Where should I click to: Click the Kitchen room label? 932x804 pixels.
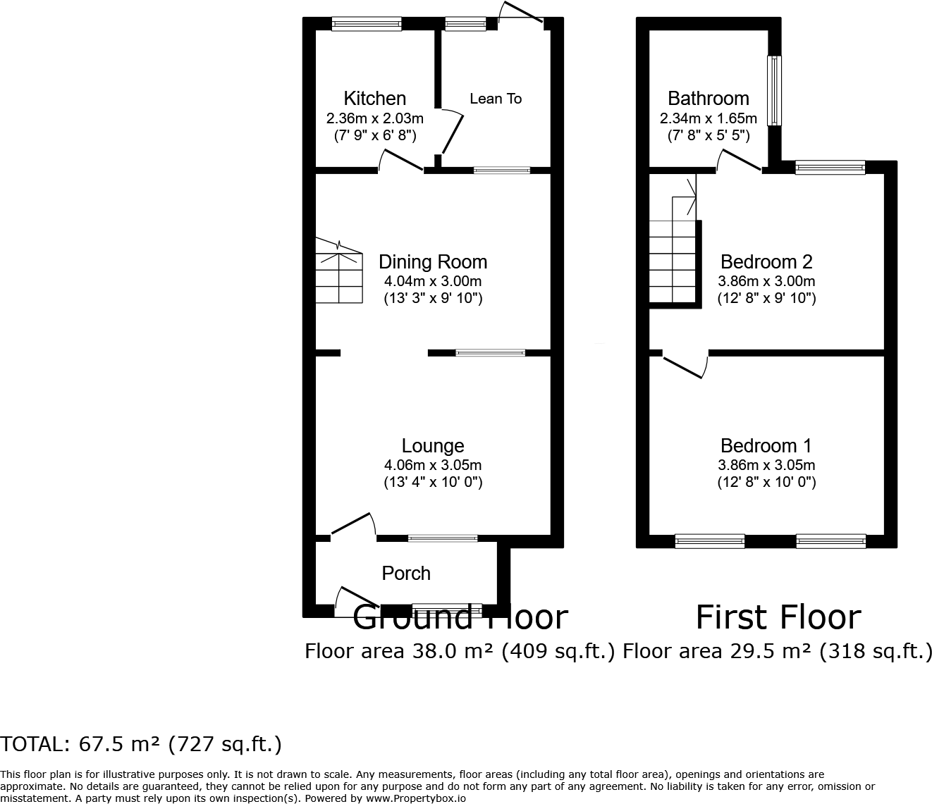374,98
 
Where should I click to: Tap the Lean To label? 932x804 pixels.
496,99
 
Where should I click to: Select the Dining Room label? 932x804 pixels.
433,262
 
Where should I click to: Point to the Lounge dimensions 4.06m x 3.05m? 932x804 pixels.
433,464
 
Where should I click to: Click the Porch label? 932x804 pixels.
406,574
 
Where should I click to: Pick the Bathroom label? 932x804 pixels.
709,98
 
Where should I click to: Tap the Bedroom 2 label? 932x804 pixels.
766,262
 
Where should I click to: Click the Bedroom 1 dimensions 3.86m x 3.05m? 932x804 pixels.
766,464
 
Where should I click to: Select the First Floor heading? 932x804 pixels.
779,617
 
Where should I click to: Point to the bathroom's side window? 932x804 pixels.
775,91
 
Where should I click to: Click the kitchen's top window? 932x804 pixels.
366,23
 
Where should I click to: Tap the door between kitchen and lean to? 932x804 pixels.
451,133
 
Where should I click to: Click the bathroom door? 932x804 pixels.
740,161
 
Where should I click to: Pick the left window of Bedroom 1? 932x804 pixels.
710,540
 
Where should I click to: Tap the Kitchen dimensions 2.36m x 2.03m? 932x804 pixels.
374,118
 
